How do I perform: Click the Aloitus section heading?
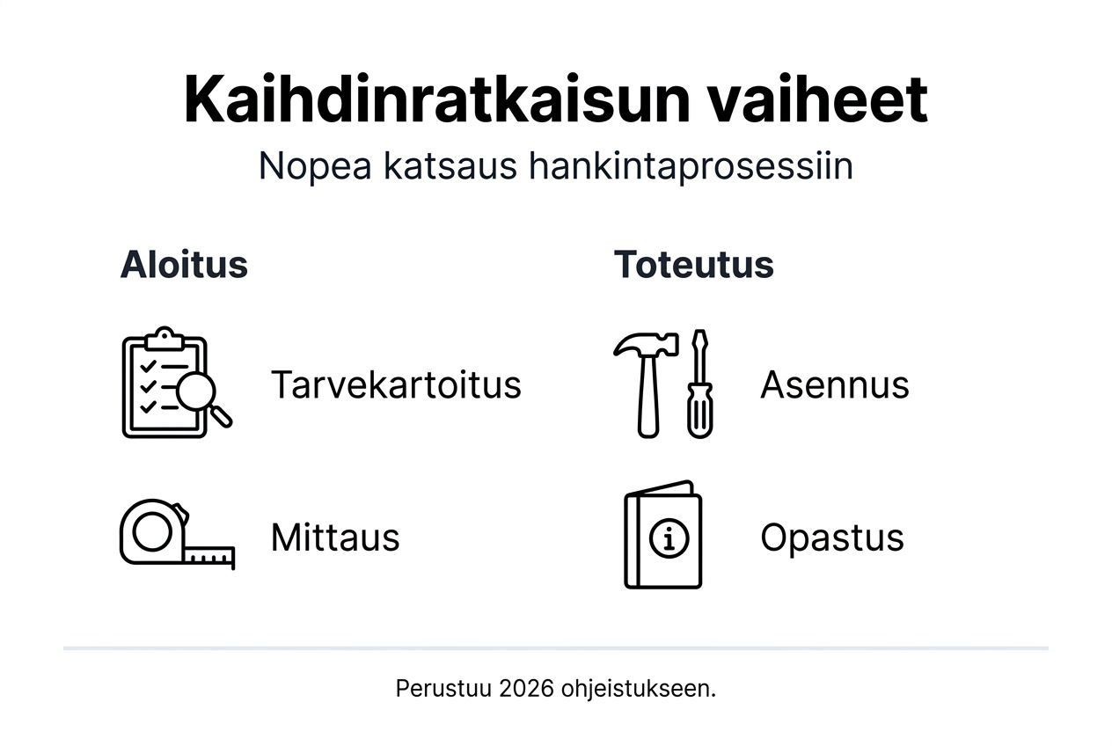(x=184, y=264)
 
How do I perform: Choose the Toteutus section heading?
(x=693, y=264)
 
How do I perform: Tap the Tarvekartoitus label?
(x=396, y=384)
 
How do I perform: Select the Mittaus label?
(x=335, y=537)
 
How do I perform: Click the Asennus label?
(x=834, y=384)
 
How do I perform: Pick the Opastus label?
(x=831, y=537)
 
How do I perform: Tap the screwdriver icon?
(x=700, y=384)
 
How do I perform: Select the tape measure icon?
(x=176, y=534)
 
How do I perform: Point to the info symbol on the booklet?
(x=669, y=538)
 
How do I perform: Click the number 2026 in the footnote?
(x=526, y=688)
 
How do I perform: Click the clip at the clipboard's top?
(x=165, y=338)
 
